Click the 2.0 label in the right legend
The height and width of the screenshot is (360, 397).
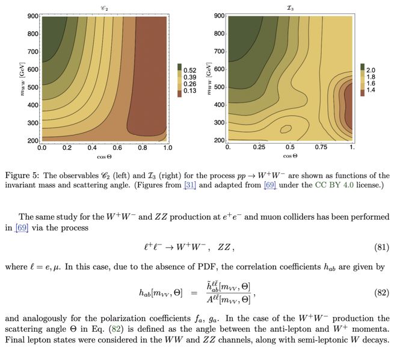(x=371, y=69)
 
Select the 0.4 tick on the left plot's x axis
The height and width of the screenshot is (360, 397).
(x=92, y=147)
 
